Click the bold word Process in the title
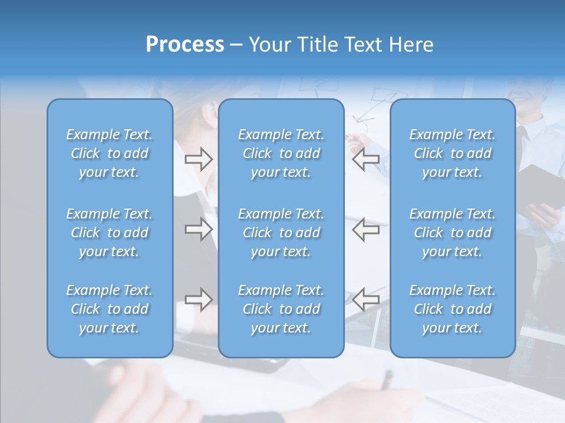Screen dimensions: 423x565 pos(185,45)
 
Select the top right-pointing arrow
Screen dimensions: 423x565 pos(198,159)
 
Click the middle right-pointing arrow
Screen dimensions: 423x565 pos(198,229)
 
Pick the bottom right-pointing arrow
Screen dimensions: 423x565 pos(198,299)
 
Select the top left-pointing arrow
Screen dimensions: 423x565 pos(366,159)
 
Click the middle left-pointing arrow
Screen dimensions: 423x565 pos(366,229)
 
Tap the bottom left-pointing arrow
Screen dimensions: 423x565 pos(366,299)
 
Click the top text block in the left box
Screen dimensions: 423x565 pos(109,153)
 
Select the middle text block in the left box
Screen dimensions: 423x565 pos(109,233)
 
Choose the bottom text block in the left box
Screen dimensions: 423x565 pos(109,309)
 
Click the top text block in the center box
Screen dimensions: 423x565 pos(281,153)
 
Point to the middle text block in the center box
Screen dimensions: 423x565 pos(281,233)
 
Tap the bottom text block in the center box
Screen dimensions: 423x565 pos(281,309)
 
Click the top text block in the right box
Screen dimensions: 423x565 pos(452,153)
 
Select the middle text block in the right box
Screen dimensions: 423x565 pos(452,233)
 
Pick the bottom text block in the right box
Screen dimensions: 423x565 pos(452,309)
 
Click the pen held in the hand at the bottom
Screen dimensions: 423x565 pos(386,380)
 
